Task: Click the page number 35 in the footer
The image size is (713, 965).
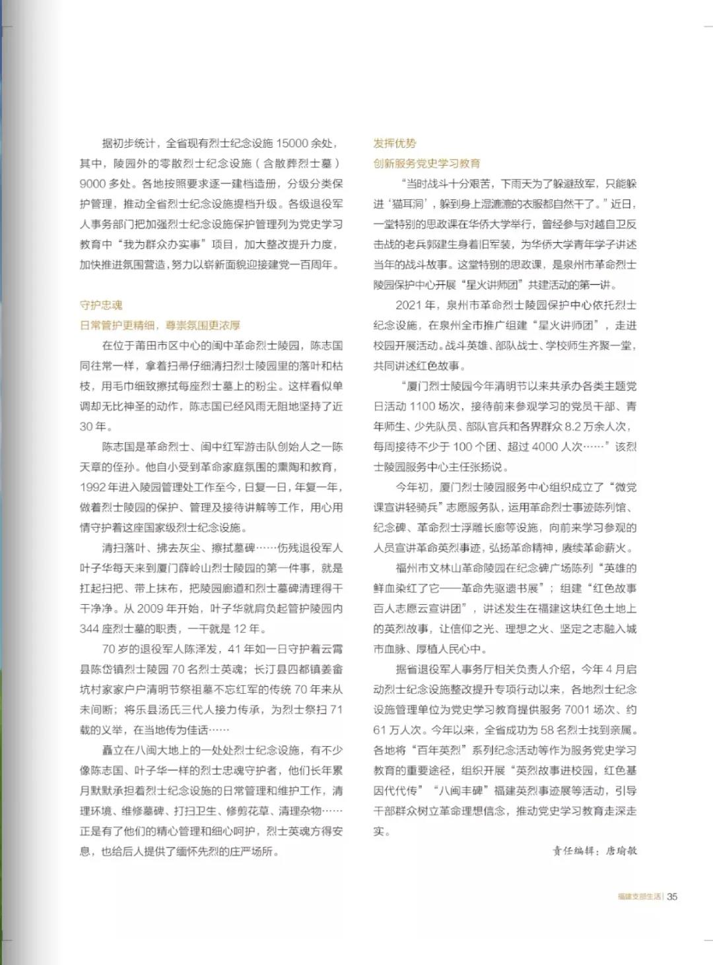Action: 672,896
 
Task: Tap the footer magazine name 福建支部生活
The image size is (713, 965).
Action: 639,896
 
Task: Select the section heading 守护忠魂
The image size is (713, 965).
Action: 101,305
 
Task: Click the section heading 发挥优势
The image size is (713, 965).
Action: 395,143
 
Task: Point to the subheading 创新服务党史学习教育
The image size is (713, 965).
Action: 426,163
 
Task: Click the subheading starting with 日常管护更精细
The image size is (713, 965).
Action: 160,325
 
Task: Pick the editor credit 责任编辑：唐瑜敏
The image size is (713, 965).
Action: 595,851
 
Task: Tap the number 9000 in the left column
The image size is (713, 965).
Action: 93,183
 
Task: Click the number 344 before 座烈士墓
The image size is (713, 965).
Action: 90,629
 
